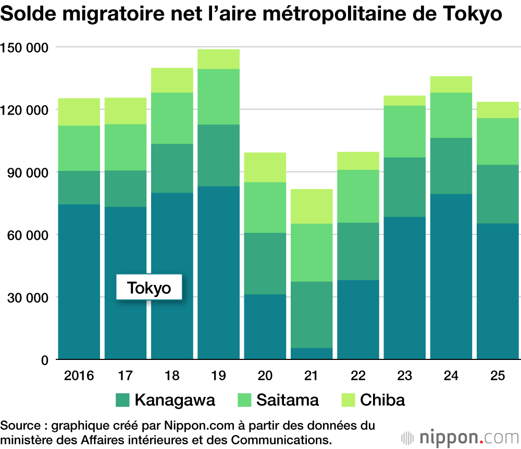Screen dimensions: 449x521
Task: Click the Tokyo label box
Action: point(149,288)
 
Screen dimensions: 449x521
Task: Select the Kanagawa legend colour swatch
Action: point(122,400)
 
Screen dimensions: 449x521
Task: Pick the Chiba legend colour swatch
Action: point(348,400)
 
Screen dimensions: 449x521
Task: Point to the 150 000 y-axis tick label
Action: point(24,48)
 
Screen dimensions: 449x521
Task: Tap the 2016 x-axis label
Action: point(79,376)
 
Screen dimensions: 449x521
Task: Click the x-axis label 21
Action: point(312,376)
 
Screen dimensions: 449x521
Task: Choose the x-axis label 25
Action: point(498,376)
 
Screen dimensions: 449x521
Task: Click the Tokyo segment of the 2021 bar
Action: point(312,354)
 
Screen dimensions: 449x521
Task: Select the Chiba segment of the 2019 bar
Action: point(218,59)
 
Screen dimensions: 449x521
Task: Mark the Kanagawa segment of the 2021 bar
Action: point(312,315)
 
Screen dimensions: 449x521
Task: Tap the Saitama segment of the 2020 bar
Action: point(265,207)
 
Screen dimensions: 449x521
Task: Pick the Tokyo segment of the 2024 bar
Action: point(451,276)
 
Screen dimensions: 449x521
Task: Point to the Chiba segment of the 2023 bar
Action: point(405,101)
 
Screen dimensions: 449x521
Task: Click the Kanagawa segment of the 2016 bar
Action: point(79,188)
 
